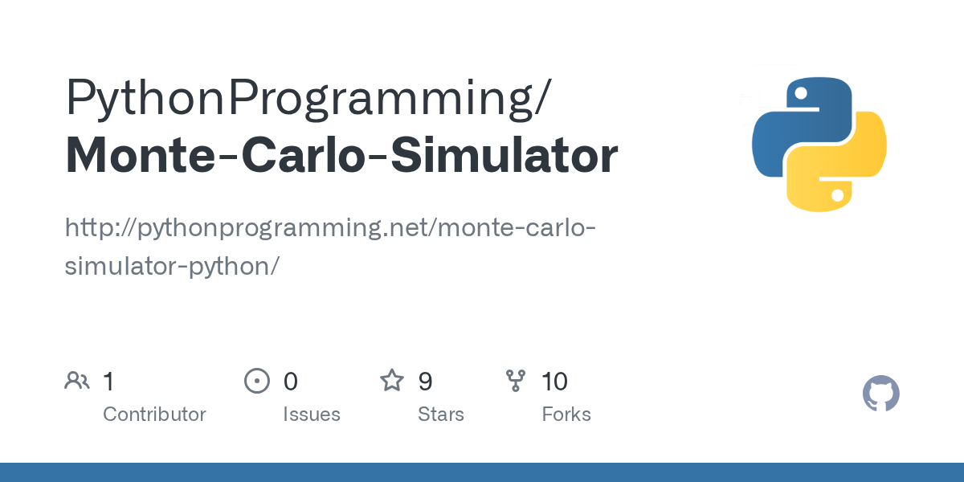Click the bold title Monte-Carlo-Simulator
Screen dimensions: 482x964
tap(341, 156)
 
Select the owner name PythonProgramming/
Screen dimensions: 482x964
tap(308, 98)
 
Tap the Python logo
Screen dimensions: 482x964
tap(819, 145)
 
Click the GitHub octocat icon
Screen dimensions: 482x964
tap(880, 394)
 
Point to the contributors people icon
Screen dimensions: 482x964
tap(77, 381)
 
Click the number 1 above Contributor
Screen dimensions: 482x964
tap(108, 382)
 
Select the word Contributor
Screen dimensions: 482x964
tap(154, 415)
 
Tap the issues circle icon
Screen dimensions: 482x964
tap(256, 381)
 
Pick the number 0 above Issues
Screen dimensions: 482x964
tap(290, 382)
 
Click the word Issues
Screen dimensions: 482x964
tap(311, 415)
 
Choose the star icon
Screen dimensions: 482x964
tap(392, 380)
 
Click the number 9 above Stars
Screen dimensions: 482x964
tap(425, 382)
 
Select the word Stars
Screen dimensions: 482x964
tap(440, 415)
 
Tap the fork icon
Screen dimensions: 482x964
tap(516, 381)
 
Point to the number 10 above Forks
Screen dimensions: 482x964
tap(554, 382)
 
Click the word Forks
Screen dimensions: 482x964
tap(566, 415)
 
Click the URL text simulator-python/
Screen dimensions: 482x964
tap(171, 266)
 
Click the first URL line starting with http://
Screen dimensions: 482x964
tap(330, 228)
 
